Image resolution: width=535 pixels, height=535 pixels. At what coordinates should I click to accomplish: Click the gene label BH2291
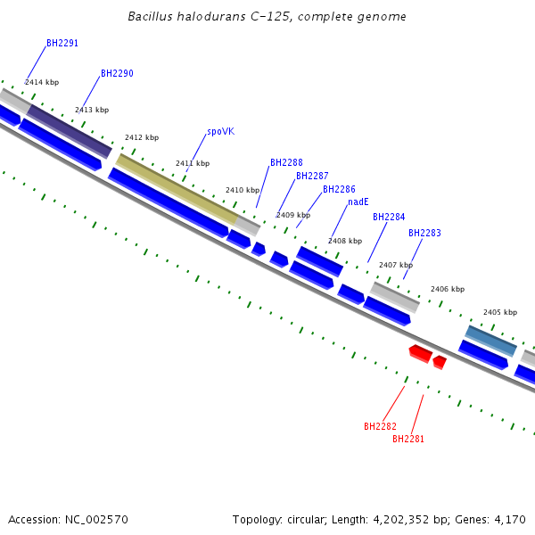point(62,43)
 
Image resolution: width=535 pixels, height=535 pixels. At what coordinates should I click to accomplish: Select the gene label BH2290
point(117,73)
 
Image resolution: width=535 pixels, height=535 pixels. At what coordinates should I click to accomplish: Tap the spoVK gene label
point(220,131)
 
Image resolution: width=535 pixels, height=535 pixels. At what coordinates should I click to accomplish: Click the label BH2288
point(286,163)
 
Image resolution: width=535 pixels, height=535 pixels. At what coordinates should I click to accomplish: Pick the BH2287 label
point(312,177)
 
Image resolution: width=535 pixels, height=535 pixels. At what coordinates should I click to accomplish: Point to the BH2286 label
point(339,190)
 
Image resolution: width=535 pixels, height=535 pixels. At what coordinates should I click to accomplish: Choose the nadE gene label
point(358,202)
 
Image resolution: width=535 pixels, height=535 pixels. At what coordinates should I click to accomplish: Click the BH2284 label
point(389,218)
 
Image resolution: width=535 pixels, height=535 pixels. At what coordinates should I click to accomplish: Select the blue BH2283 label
point(424,234)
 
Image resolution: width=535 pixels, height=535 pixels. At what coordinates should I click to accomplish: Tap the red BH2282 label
point(380,426)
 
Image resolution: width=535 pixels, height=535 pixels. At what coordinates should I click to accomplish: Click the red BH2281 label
point(408,439)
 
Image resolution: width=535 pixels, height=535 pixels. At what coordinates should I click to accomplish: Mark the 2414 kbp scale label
point(42,82)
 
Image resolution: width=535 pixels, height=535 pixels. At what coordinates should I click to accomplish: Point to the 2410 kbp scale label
point(243,190)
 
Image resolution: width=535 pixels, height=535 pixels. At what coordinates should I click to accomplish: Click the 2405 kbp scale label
point(500,313)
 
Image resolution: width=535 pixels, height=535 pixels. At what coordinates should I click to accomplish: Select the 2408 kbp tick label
point(345,241)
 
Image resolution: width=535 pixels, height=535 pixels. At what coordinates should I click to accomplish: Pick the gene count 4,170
point(510,519)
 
